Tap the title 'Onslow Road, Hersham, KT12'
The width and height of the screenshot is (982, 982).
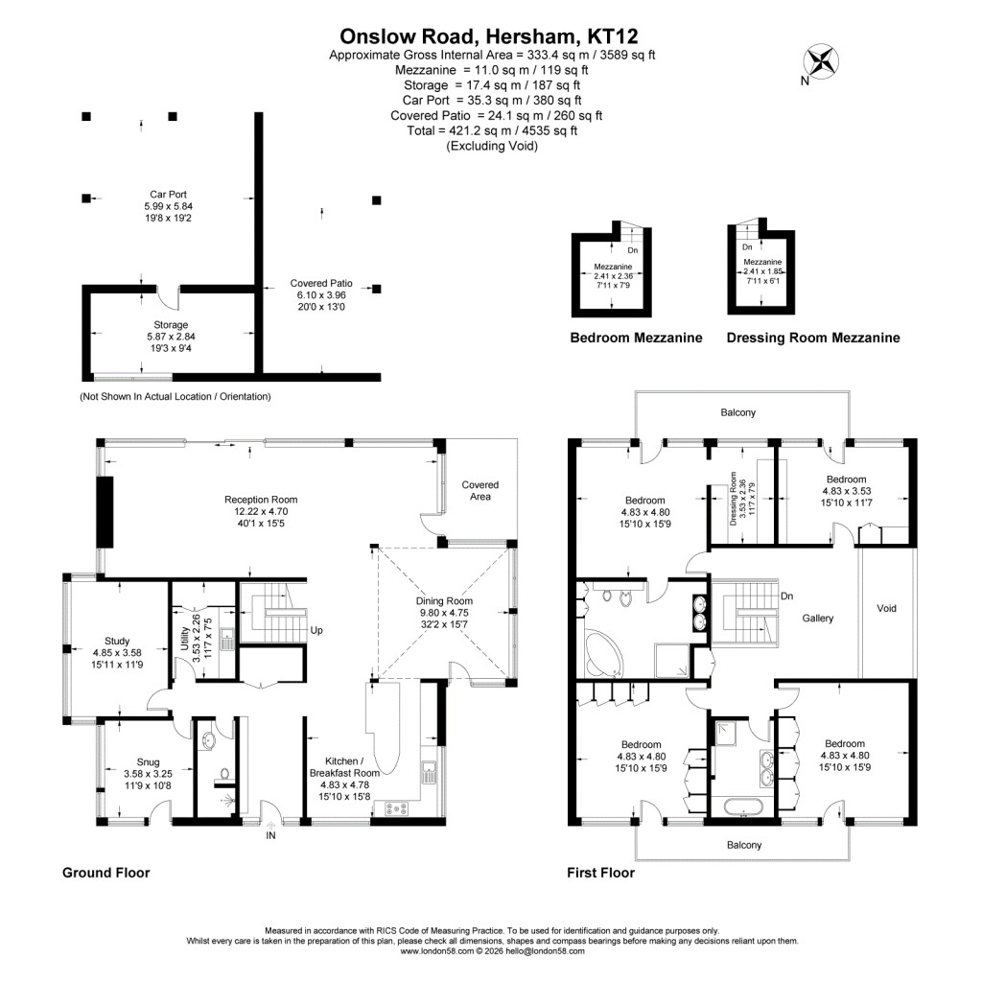pos(491,36)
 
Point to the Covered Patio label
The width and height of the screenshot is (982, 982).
pos(321,284)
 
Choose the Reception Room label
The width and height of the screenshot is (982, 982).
pos(261,500)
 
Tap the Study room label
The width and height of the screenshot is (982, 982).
pos(123,641)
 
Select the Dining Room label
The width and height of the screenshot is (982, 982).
pos(445,601)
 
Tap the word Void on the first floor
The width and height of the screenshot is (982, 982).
pos(887,608)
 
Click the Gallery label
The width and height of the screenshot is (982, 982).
pos(818,619)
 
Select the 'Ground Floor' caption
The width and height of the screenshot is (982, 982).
pos(106,873)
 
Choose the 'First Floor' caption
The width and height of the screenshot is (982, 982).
pos(600,873)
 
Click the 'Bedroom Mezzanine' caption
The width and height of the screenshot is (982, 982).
pos(636,338)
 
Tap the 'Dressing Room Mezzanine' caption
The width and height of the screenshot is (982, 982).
pos(813,338)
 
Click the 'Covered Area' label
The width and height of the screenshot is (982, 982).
pos(479,490)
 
